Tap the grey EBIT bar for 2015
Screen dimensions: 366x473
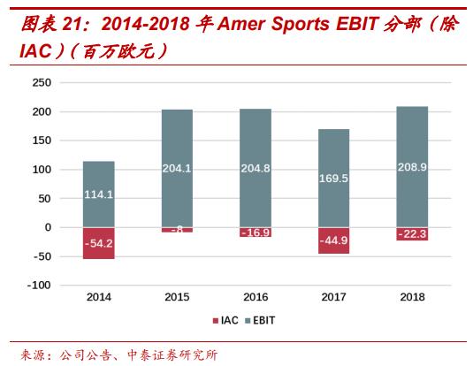click(x=178, y=168)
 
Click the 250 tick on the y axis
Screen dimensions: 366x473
click(x=42, y=83)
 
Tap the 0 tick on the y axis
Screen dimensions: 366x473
click(x=49, y=227)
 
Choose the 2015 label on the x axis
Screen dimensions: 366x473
click(x=178, y=298)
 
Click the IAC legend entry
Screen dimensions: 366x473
click(x=224, y=320)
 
